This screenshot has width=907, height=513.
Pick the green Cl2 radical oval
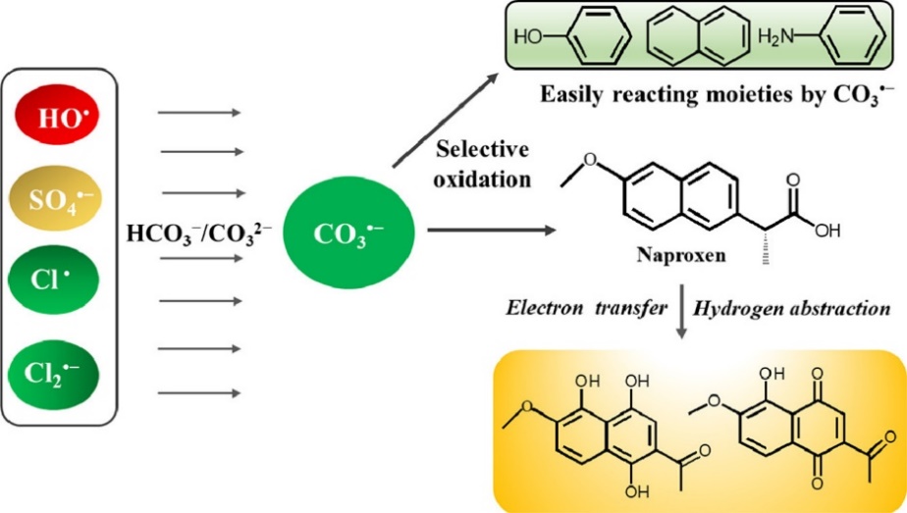click(64, 372)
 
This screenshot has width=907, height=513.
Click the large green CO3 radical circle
click(348, 235)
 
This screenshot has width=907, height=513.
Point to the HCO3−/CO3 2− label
click(200, 234)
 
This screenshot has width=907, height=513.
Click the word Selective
click(482, 150)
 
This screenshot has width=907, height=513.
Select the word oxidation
click(482, 180)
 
